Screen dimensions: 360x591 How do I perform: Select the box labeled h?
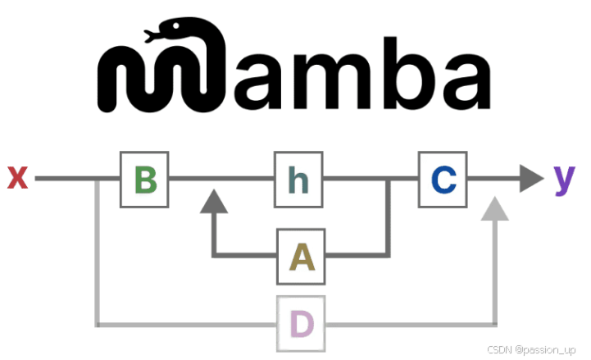pos(298,179)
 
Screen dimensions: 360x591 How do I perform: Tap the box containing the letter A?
pos(301,257)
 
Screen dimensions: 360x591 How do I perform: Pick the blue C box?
pos(443,179)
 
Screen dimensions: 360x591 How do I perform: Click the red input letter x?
pos(18,177)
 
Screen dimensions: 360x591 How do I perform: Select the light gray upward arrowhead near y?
pos(494,210)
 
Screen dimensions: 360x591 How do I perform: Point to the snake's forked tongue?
pos(148,35)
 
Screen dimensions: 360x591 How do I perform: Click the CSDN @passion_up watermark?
pos(534,349)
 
